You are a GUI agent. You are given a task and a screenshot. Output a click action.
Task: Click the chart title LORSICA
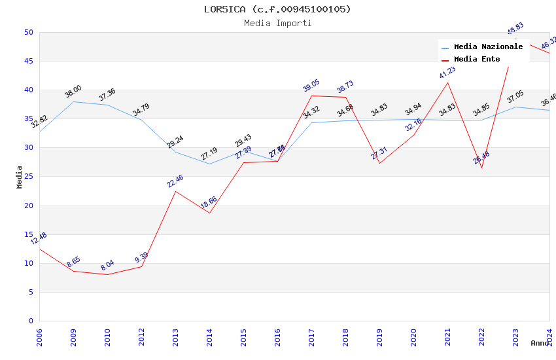(277, 9)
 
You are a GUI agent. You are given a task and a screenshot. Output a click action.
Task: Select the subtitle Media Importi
(277, 23)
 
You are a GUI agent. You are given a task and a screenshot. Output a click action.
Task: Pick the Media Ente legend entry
(477, 59)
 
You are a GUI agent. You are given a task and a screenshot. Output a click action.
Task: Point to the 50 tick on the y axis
(28, 32)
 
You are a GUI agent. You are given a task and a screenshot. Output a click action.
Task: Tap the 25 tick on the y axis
(28, 148)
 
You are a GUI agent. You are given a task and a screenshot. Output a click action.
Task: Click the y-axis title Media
(20, 177)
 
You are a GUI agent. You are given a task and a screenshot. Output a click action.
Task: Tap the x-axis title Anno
(540, 343)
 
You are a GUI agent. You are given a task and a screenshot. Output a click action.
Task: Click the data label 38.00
(73, 92)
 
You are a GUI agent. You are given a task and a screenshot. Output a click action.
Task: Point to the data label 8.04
(107, 265)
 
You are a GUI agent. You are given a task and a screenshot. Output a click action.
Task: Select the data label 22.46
(175, 181)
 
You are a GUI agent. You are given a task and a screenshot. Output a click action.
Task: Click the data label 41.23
(447, 73)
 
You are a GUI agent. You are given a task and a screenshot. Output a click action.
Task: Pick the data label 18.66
(209, 203)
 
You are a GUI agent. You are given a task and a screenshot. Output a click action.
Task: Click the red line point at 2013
(175, 191)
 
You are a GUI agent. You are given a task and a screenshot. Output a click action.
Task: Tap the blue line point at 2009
(73, 101)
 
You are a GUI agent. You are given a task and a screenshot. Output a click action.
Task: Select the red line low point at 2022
(481, 168)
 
